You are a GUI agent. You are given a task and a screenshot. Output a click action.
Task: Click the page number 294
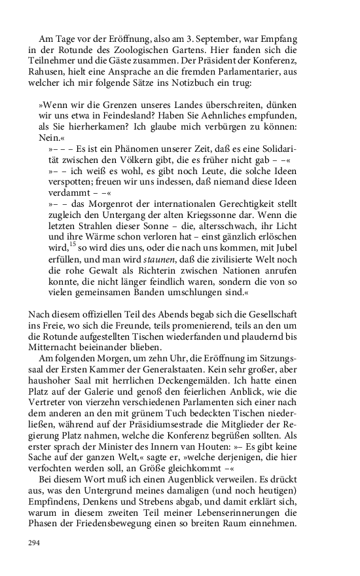[34, 543]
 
